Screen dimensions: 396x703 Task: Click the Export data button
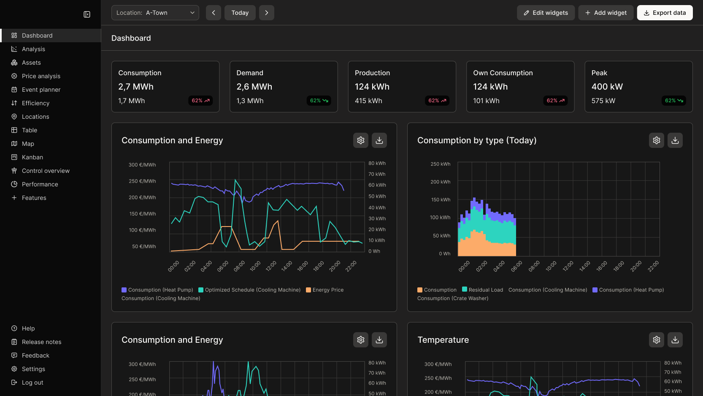click(665, 13)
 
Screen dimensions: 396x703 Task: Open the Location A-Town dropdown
click(155, 13)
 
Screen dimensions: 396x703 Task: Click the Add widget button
click(606, 13)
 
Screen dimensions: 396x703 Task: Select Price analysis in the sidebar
click(41, 76)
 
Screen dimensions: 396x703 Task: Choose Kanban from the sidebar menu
click(32, 157)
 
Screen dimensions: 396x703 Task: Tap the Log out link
click(32, 382)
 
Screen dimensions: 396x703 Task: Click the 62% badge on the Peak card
click(673, 101)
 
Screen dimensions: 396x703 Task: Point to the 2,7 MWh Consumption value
click(136, 87)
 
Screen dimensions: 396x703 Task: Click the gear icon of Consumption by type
click(656, 140)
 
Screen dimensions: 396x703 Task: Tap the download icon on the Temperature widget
click(675, 340)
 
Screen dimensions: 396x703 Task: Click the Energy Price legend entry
click(327, 290)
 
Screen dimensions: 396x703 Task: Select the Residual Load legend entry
click(485, 290)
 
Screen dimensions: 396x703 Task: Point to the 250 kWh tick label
click(440, 164)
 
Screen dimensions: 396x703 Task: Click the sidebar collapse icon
click(87, 14)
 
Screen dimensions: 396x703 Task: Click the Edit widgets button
click(546, 13)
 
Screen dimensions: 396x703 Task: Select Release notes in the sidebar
click(41, 342)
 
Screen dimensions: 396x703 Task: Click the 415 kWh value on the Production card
click(368, 101)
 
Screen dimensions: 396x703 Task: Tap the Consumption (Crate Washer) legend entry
click(453, 298)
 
